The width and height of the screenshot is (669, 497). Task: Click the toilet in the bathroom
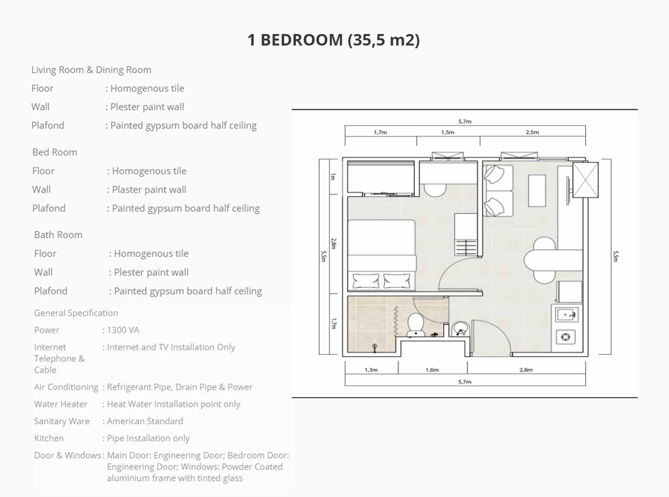pos(416,325)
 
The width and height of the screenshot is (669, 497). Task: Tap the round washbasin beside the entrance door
pos(460,329)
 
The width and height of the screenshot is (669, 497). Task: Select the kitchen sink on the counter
pos(567,315)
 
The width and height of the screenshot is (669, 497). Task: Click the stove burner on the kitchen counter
pos(566,337)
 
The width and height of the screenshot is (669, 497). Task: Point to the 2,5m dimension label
pos(533,132)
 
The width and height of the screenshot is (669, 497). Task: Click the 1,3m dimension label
pos(371,370)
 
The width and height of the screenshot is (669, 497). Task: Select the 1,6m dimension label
pos(432,370)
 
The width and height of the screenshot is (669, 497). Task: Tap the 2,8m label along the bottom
pos(526,370)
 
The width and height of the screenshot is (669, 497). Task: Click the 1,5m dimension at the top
pos(448,132)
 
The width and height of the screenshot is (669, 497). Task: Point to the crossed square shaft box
pos(585,180)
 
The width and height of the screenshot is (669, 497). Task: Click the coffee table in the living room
pos(537,191)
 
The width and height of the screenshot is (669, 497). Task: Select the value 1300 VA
pos(123,330)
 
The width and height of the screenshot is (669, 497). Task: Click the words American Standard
pos(145,421)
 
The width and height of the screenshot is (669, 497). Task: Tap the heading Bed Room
pos(55,152)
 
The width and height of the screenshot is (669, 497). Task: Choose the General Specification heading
pos(76,313)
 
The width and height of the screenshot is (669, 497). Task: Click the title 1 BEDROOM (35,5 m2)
pos(334,40)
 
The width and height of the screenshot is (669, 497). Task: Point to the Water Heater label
pos(61,404)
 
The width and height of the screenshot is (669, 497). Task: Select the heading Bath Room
pos(58,235)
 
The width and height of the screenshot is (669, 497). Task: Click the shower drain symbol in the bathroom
pos(374,347)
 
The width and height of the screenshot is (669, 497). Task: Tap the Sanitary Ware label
pos(62,421)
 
